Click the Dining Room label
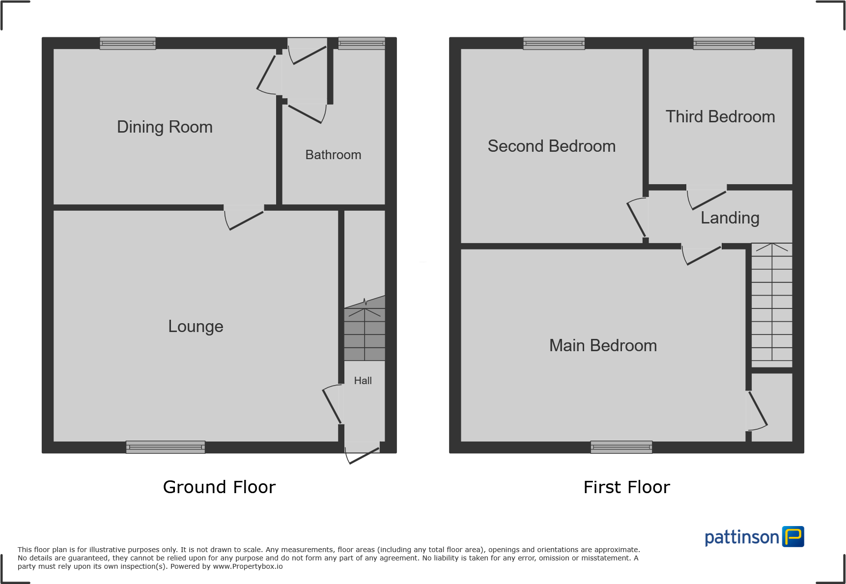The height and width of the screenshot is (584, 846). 165,127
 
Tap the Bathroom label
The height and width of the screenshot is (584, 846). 333,155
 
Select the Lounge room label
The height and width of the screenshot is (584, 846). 196,327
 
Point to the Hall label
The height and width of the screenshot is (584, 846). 363,381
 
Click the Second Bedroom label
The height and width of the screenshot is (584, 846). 551,146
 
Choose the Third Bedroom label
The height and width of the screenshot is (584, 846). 720,117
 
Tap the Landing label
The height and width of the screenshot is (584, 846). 730,218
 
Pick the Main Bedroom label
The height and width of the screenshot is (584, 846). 603,346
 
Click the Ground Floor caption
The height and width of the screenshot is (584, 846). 219,487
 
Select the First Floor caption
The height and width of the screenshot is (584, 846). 626,487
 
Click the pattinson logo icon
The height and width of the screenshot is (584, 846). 793,537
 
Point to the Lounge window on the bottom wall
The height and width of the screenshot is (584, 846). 166,447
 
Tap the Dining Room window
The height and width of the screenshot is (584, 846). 128,43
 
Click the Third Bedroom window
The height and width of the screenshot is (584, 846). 724,43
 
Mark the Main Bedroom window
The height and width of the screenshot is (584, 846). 621,447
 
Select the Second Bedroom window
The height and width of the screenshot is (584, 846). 554,43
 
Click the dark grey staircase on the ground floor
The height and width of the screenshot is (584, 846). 365,334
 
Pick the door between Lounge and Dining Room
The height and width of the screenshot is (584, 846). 244,218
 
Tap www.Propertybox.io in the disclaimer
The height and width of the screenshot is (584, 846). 248,566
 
